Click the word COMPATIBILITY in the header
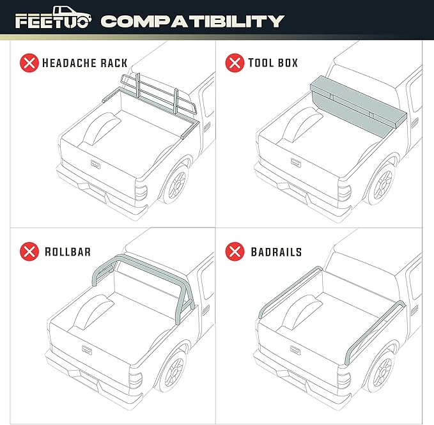(x=192, y=22)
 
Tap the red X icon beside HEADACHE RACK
(x=29, y=63)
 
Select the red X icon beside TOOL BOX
(x=235, y=63)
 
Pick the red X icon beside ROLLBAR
(x=29, y=251)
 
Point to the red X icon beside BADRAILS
(x=235, y=251)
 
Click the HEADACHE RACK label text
(x=84, y=63)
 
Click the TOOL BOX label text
(x=274, y=63)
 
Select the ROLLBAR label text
(x=68, y=252)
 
